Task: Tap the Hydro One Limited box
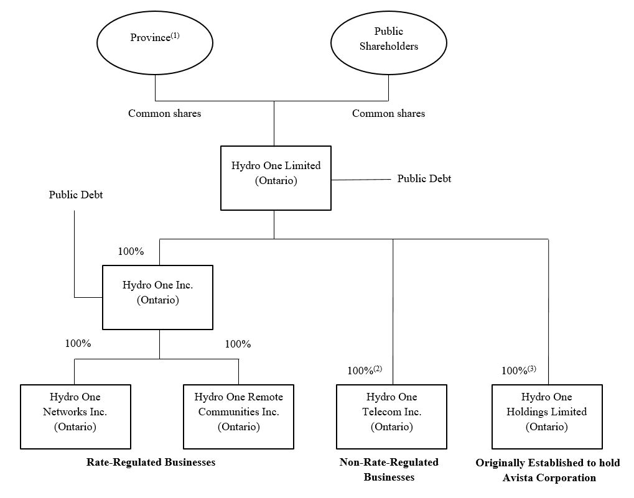coord(276,178)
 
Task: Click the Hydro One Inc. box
coord(157,297)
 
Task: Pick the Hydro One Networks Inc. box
coord(75,416)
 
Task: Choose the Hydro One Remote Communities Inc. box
coord(238,416)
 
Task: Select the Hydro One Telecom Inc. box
coord(391,416)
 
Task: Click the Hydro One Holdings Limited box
coord(546,416)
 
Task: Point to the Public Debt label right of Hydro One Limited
coord(424,178)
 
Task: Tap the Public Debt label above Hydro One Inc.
coord(75,195)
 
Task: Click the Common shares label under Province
coord(164,113)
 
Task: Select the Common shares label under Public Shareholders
coord(388,113)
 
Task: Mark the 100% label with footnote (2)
coord(364,371)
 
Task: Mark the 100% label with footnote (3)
coord(518,371)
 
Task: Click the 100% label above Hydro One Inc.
coord(131,252)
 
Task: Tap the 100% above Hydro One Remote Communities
coord(238,344)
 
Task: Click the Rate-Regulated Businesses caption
coord(151,462)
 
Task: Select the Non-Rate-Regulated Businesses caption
coord(389,469)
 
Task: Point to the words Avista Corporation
coord(549,477)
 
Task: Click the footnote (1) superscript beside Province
coord(175,35)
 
